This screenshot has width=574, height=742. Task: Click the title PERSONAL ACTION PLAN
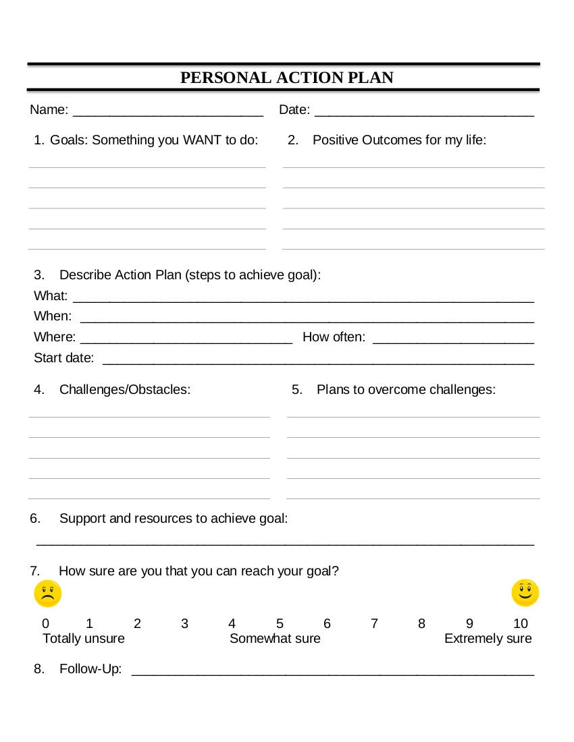click(x=286, y=78)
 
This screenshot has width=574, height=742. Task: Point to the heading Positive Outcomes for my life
click(x=399, y=140)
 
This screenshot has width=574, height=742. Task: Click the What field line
click(x=303, y=300)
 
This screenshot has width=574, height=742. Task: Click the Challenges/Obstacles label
click(x=124, y=390)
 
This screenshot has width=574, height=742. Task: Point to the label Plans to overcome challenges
click(x=406, y=390)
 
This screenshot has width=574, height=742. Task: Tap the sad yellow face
click(x=48, y=594)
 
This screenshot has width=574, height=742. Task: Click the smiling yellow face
click(x=525, y=593)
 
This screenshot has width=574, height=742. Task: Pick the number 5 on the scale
click(x=280, y=623)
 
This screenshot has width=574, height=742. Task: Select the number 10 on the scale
click(x=520, y=623)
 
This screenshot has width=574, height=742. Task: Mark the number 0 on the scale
click(x=45, y=623)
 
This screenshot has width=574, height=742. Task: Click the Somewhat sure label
click(x=275, y=639)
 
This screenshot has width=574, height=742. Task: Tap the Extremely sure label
click(x=488, y=639)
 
